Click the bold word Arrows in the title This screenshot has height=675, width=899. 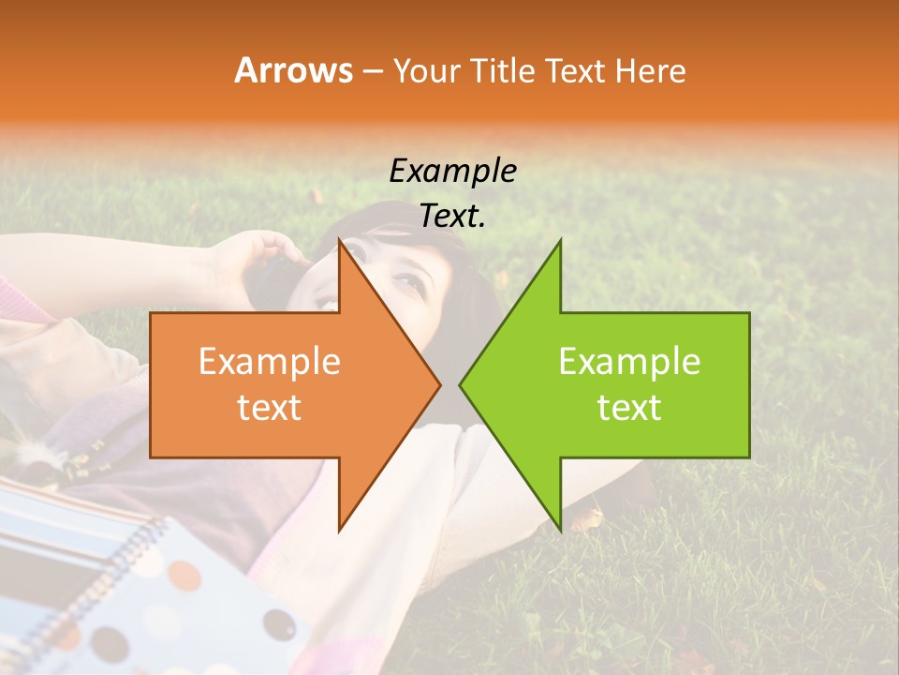click(294, 70)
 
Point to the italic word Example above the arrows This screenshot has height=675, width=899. click(452, 171)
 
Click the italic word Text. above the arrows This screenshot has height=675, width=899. click(452, 216)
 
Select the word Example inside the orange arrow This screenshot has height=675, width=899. click(270, 362)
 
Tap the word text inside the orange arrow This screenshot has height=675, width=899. click(270, 407)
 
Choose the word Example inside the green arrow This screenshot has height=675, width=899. click(629, 362)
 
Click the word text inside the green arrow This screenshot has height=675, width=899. click(629, 407)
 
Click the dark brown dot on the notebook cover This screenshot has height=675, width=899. click(278, 624)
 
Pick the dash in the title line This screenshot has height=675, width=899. click(372, 71)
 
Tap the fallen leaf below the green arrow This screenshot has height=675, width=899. click(588, 518)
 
